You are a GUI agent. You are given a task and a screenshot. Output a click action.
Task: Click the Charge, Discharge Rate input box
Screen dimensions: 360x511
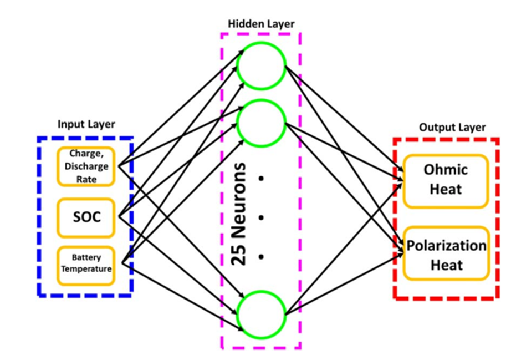point(86,165)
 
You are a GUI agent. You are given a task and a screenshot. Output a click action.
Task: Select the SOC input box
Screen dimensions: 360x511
point(86,217)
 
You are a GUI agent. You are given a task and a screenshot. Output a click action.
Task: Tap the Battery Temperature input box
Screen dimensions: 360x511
point(86,264)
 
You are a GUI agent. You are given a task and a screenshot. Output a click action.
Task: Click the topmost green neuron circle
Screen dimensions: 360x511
point(261,66)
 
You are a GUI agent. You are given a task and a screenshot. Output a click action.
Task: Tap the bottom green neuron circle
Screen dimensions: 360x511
point(261,312)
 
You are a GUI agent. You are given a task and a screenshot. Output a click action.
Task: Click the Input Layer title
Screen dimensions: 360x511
point(86,124)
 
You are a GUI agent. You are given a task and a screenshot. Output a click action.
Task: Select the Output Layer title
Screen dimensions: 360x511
point(452,128)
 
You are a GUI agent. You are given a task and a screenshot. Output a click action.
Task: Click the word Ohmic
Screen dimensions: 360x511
point(446,170)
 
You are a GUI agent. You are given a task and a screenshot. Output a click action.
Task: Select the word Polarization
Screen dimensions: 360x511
point(447,245)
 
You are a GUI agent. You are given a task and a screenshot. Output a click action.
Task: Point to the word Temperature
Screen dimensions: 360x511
point(86,270)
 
